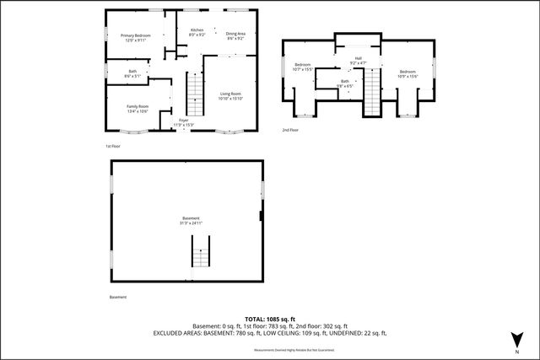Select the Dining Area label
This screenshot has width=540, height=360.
click(x=235, y=35)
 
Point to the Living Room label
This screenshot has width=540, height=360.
click(x=230, y=95)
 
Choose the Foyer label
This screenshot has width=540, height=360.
click(x=183, y=123)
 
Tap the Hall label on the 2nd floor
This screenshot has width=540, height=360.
click(x=358, y=60)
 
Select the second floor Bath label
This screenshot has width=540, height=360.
click(x=344, y=83)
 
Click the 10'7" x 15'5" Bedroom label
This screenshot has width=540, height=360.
click(x=302, y=67)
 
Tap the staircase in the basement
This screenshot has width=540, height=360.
click(x=201, y=252)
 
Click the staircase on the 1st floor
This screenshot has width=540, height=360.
click(x=195, y=94)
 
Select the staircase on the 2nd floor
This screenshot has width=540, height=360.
click(x=372, y=93)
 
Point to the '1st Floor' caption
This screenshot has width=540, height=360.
click(x=113, y=147)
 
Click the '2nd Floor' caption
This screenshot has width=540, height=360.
click(x=290, y=130)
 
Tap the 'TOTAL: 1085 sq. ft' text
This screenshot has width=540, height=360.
click(x=269, y=319)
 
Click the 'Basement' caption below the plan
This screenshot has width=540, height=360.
click(x=118, y=297)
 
